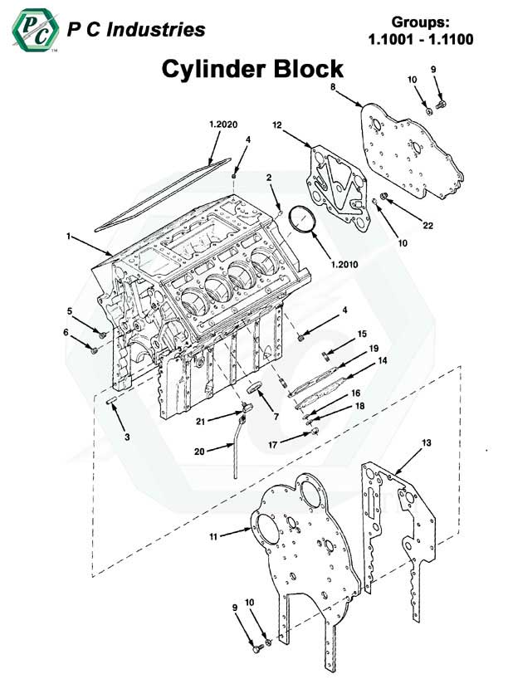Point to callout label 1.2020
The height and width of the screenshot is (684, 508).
(x=223, y=124)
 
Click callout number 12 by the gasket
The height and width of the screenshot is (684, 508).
(x=277, y=125)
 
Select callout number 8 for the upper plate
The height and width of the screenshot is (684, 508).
(x=332, y=86)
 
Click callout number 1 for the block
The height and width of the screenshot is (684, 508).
(x=68, y=236)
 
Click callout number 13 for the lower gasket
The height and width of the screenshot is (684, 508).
(x=427, y=443)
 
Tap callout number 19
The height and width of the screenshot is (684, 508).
(x=374, y=348)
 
